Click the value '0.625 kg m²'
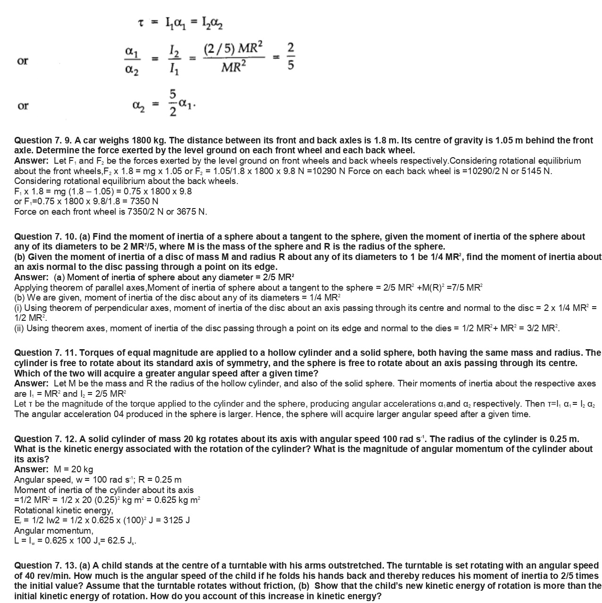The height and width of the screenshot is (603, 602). (x=177, y=500)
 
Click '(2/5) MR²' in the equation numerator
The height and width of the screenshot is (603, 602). (x=234, y=49)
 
